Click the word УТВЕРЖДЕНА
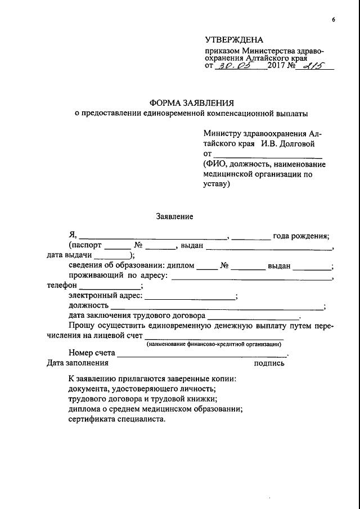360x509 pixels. (x=233, y=40)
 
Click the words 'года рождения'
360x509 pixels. (x=300, y=236)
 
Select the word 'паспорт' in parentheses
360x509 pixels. (x=87, y=246)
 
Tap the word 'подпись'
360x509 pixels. (x=269, y=363)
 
